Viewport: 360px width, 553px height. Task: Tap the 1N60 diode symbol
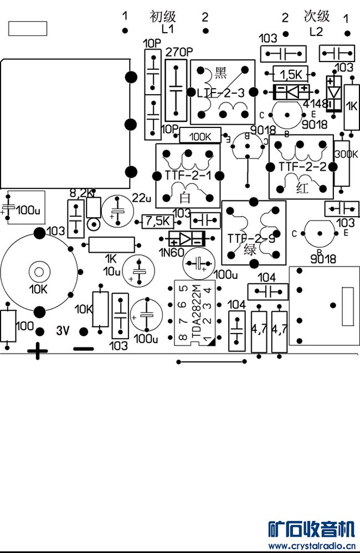pyautogui.click(x=187, y=239)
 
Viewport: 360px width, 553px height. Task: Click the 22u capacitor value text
pyautogui.click(x=142, y=198)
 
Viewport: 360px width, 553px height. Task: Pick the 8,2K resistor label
pyautogui.click(x=81, y=193)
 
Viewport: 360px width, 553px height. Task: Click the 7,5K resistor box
pyautogui.click(x=158, y=222)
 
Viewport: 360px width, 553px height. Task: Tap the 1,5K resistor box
pyautogui.click(x=291, y=74)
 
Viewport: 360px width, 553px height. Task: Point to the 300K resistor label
pyautogui.click(x=347, y=155)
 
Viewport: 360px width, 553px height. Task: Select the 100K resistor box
pyautogui.click(x=200, y=136)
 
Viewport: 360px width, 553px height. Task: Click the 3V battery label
pyautogui.click(x=63, y=331)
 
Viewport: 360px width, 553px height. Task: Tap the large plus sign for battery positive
pyautogui.click(x=38, y=351)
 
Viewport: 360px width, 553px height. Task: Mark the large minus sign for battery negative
pyautogui.click(x=84, y=349)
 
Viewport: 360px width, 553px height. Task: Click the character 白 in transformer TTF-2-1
pyautogui.click(x=184, y=194)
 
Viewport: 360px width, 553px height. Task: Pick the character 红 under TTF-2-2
pyautogui.click(x=302, y=188)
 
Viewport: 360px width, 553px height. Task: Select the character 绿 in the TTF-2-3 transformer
pyautogui.click(x=251, y=249)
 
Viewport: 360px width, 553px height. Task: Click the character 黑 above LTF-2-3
pyautogui.click(x=220, y=72)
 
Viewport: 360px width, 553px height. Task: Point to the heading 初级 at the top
pyautogui.click(x=162, y=16)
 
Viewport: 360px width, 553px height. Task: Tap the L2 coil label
pyautogui.click(x=316, y=32)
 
